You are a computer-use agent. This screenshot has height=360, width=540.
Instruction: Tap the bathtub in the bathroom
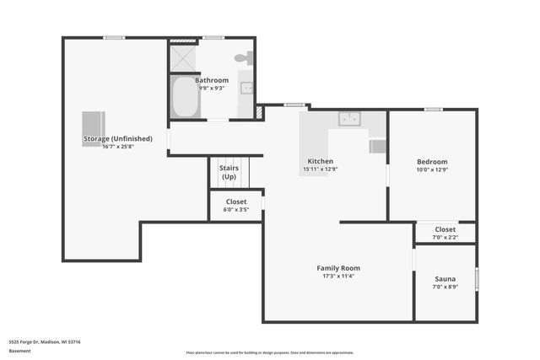tap(183, 99)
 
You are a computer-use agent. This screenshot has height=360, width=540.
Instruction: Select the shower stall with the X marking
tap(182, 57)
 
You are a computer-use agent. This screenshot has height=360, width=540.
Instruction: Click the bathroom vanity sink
tap(246, 88)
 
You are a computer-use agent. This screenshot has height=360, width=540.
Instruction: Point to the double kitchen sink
tap(349, 119)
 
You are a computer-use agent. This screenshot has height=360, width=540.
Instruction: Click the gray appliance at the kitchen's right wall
tap(378, 146)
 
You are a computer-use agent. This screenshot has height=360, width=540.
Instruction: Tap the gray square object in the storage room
tap(94, 129)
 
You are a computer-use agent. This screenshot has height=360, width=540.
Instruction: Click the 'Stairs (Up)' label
tap(229, 172)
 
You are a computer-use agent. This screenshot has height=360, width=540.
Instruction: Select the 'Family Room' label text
tap(338, 268)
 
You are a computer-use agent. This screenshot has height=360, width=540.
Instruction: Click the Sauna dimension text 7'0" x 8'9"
tap(445, 287)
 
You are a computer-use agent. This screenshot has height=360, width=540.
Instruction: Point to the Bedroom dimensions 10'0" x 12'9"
tap(432, 169)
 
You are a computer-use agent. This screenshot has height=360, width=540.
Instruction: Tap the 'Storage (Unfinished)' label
tap(117, 138)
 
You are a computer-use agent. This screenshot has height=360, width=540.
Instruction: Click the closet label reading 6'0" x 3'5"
tap(235, 209)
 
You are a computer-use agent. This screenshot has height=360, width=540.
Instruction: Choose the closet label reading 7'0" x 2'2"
tap(445, 237)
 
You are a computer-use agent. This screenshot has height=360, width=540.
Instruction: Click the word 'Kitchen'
tap(320, 161)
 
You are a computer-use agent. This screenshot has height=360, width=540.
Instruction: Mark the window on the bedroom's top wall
tap(433, 109)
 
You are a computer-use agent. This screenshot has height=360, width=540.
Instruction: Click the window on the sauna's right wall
tap(477, 278)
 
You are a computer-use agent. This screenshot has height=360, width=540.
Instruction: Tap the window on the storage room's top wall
tap(114, 37)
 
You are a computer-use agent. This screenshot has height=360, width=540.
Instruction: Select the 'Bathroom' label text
tap(212, 80)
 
